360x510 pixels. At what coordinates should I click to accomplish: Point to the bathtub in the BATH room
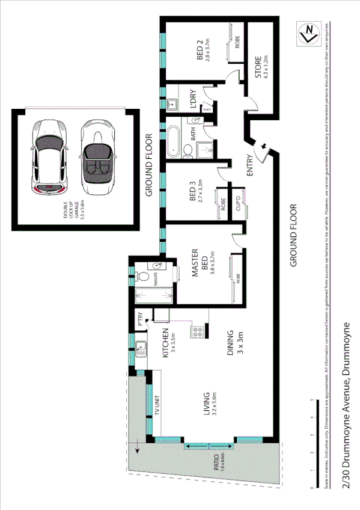coord(174,138)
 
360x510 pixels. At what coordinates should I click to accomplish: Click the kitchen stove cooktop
coord(196,330)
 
